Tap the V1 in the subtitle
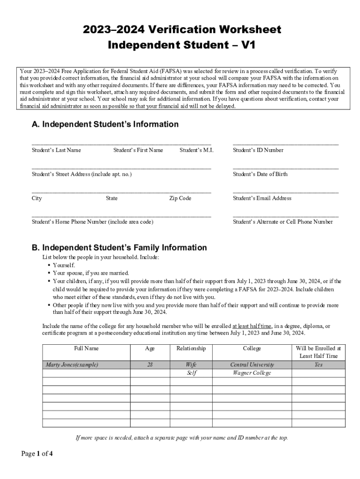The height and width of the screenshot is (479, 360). tap(248, 45)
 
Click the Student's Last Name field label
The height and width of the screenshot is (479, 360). tap(56, 150)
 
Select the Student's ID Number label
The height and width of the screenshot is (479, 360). tap(258, 150)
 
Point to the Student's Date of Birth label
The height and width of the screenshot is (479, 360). tap(260, 174)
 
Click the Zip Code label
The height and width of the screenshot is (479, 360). tap(180, 198)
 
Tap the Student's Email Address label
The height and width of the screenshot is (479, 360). tap(262, 198)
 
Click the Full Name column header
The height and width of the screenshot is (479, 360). tap(86, 348)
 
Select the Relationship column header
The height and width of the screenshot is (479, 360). tap(191, 348)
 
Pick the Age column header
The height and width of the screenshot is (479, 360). tap(150, 348)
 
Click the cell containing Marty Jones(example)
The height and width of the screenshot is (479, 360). tap(72, 364)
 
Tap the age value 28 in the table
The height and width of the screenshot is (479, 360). tap(150, 364)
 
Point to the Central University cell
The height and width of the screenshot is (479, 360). tap(252, 364)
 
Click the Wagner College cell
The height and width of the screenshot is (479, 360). tap(252, 373)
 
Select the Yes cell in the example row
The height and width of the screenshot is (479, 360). tap(318, 364)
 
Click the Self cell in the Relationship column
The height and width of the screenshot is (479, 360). tap(191, 373)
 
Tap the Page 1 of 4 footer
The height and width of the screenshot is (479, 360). tap(37, 453)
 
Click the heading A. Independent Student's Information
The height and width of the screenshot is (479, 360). tap(105, 124)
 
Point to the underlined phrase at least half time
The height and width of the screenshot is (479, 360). tap(252, 326)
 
